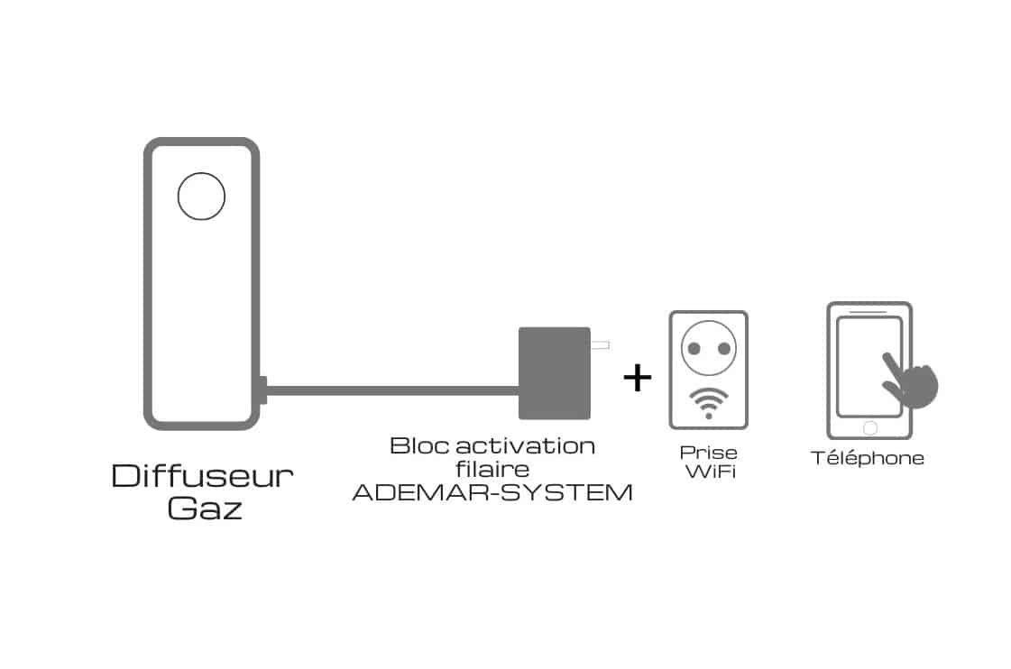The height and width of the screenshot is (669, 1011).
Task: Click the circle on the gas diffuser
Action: click(x=201, y=196)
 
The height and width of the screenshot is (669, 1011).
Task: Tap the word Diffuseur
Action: click(x=202, y=476)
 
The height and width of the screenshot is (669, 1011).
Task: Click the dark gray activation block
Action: click(x=554, y=373)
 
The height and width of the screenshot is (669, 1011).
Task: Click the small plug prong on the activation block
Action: click(x=599, y=344)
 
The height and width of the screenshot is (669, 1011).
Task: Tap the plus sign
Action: click(x=637, y=377)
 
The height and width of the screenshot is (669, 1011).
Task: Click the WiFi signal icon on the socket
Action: click(x=708, y=402)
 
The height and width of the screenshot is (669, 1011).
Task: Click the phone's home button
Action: click(x=869, y=427)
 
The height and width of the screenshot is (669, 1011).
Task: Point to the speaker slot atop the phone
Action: click(x=869, y=312)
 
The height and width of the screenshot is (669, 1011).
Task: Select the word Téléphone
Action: click(x=868, y=458)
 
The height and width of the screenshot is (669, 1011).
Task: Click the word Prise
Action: click(x=708, y=453)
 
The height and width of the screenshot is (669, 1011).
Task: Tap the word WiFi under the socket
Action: click(x=709, y=472)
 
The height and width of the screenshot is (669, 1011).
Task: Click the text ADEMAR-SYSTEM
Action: click(x=492, y=493)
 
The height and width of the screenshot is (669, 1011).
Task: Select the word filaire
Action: click(x=492, y=469)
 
